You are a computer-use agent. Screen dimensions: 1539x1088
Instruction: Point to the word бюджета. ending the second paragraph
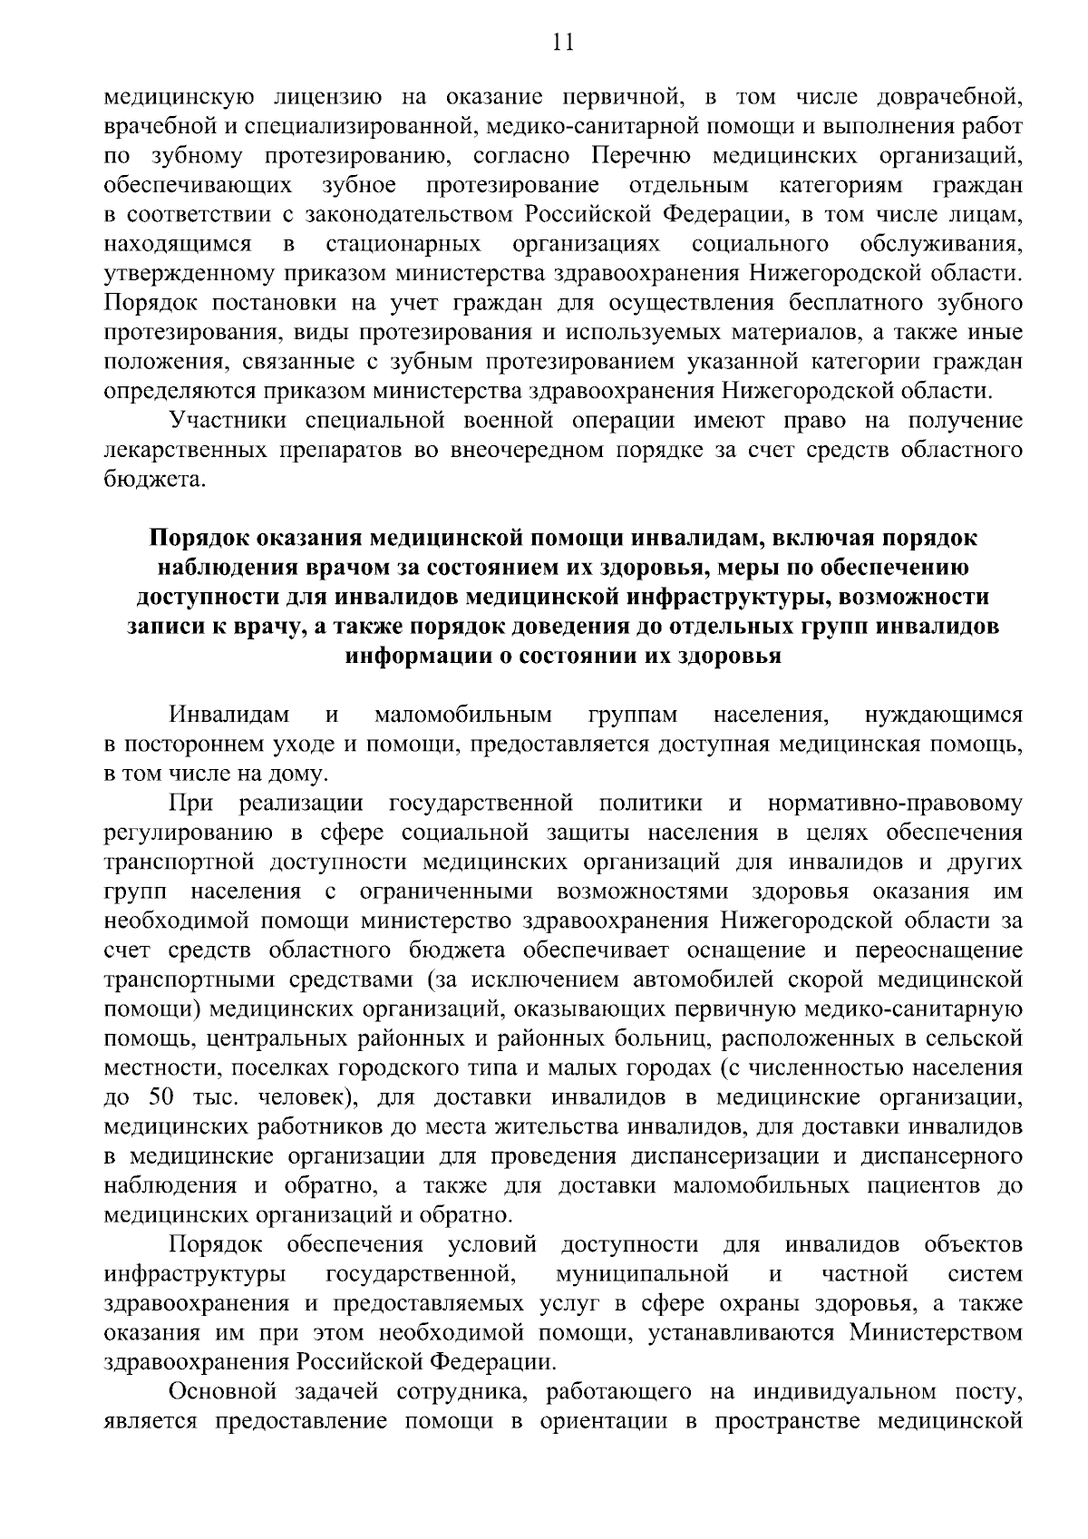148,480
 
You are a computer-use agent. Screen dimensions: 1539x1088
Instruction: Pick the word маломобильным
463,716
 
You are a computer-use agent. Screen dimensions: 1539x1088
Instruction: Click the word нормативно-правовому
895,804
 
